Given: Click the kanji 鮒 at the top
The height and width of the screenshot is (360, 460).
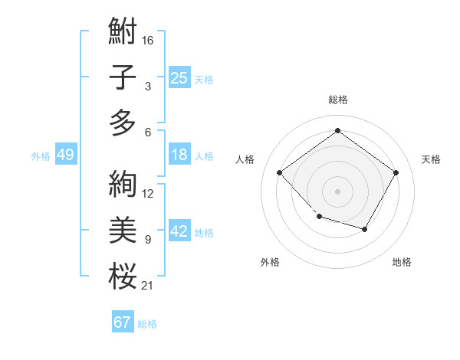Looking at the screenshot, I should tap(123, 32).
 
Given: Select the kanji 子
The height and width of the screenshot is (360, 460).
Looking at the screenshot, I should tap(123, 77).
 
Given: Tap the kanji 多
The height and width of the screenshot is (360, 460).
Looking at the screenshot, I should tap(123, 123).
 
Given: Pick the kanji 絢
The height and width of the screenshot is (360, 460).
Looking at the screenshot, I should tap(123, 184).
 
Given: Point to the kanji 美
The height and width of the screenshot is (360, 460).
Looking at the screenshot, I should tap(123, 230).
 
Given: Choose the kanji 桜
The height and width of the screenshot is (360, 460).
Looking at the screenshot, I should tap(123, 276).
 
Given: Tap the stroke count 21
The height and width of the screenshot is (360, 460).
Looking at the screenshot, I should tap(148, 286).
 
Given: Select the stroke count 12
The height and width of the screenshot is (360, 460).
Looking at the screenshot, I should tap(148, 194).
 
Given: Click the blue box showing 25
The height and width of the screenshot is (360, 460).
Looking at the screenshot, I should tap(179, 77).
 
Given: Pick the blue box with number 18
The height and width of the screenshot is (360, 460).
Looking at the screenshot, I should tap(179, 155).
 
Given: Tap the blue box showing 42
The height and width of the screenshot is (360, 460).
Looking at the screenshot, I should tap(179, 232).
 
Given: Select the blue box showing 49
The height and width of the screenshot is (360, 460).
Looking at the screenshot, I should tap(65, 155).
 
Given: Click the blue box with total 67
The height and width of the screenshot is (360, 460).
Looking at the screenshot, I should tap(122, 322).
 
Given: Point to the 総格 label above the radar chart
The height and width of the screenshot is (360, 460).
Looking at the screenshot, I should tap(337, 100).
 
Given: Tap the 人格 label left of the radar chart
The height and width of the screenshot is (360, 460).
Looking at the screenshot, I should tap(245, 159).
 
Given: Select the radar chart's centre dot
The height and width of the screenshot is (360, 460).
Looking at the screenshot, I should tap(337, 191).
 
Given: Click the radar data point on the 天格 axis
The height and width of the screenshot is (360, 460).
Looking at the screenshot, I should tap(396, 172).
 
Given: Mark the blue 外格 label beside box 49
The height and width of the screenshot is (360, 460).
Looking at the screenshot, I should tap(41, 156).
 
